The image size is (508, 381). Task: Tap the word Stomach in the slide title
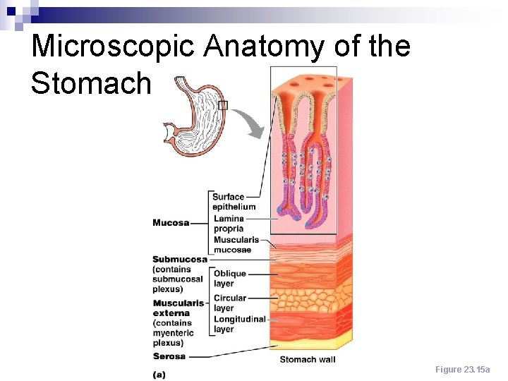(91, 83)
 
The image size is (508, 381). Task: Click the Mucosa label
(171, 223)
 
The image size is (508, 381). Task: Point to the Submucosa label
(180, 259)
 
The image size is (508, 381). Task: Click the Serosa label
(169, 356)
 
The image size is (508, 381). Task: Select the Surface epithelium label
(234, 202)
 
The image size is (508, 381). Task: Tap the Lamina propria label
(229, 224)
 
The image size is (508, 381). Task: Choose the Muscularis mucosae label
(236, 245)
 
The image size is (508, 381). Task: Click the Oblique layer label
(229, 279)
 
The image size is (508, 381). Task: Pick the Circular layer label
(229, 303)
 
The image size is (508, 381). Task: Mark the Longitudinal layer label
(239, 324)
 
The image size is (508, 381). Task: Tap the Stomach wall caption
(308, 360)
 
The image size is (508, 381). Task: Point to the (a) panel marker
(160, 375)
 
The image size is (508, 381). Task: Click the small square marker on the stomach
(223, 106)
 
